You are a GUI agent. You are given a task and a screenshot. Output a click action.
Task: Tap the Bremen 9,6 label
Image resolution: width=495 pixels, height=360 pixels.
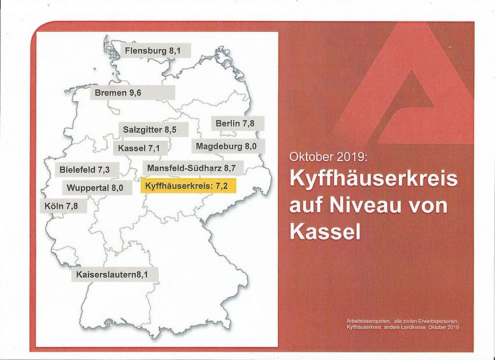click(118, 93)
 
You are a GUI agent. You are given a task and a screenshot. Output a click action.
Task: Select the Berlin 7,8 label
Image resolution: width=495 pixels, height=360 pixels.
click(235, 124)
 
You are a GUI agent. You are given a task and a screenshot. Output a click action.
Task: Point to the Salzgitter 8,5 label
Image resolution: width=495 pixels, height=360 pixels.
click(150, 129)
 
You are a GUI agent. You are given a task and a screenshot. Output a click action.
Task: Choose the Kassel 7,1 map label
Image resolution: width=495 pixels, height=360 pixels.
click(138, 148)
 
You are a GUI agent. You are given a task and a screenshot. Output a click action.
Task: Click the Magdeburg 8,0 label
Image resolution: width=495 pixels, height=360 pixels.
click(226, 147)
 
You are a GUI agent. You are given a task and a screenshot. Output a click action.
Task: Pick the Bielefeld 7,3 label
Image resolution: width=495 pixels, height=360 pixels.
click(85, 170)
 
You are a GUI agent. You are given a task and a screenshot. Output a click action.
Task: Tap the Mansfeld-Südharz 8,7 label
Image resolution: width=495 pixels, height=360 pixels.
click(191, 168)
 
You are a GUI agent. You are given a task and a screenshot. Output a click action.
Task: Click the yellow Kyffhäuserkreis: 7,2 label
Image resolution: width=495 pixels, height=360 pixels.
click(187, 187)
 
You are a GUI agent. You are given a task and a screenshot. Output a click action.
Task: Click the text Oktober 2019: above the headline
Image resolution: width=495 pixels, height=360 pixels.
click(328, 155)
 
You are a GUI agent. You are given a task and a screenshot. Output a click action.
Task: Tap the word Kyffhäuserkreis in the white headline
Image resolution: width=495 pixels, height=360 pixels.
click(373, 179)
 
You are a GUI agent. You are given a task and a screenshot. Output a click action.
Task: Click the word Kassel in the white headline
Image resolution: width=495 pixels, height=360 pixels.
click(325, 231)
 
